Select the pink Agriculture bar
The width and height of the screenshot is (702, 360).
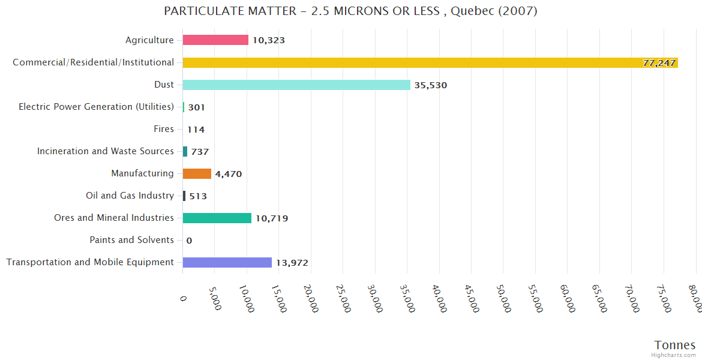pos(215,40)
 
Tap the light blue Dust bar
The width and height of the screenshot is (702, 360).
pos(296,85)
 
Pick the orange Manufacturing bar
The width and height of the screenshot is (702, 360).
pos(197,173)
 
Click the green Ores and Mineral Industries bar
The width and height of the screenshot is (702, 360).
pos(217,218)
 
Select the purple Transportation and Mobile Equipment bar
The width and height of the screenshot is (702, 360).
pos(227,262)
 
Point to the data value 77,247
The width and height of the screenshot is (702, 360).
pos(659,63)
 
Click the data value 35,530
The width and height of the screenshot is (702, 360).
pos(431,85)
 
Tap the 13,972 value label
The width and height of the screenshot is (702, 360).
pos(292,263)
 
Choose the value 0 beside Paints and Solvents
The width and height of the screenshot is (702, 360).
pos(189,241)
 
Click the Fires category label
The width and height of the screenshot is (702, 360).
pos(164,129)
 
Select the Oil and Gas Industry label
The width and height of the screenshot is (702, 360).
pos(130,196)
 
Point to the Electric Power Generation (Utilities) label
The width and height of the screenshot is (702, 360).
pos(96,107)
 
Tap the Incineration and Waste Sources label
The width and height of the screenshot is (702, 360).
pos(105,151)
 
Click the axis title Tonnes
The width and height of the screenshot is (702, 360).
pos(674,345)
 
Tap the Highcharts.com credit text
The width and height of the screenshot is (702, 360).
pos(673,355)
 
